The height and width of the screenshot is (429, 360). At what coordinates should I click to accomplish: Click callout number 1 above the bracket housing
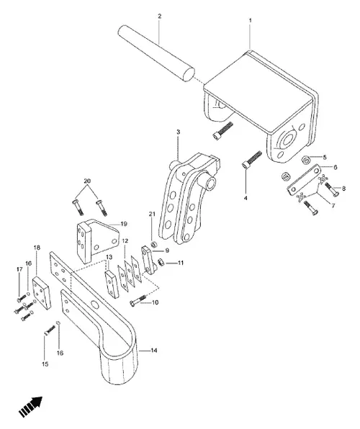[249, 22]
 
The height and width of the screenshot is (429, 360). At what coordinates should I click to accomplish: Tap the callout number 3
[178, 132]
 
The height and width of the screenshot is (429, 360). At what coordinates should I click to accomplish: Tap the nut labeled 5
[305, 159]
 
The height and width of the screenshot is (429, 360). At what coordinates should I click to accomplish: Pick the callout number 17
[19, 270]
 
